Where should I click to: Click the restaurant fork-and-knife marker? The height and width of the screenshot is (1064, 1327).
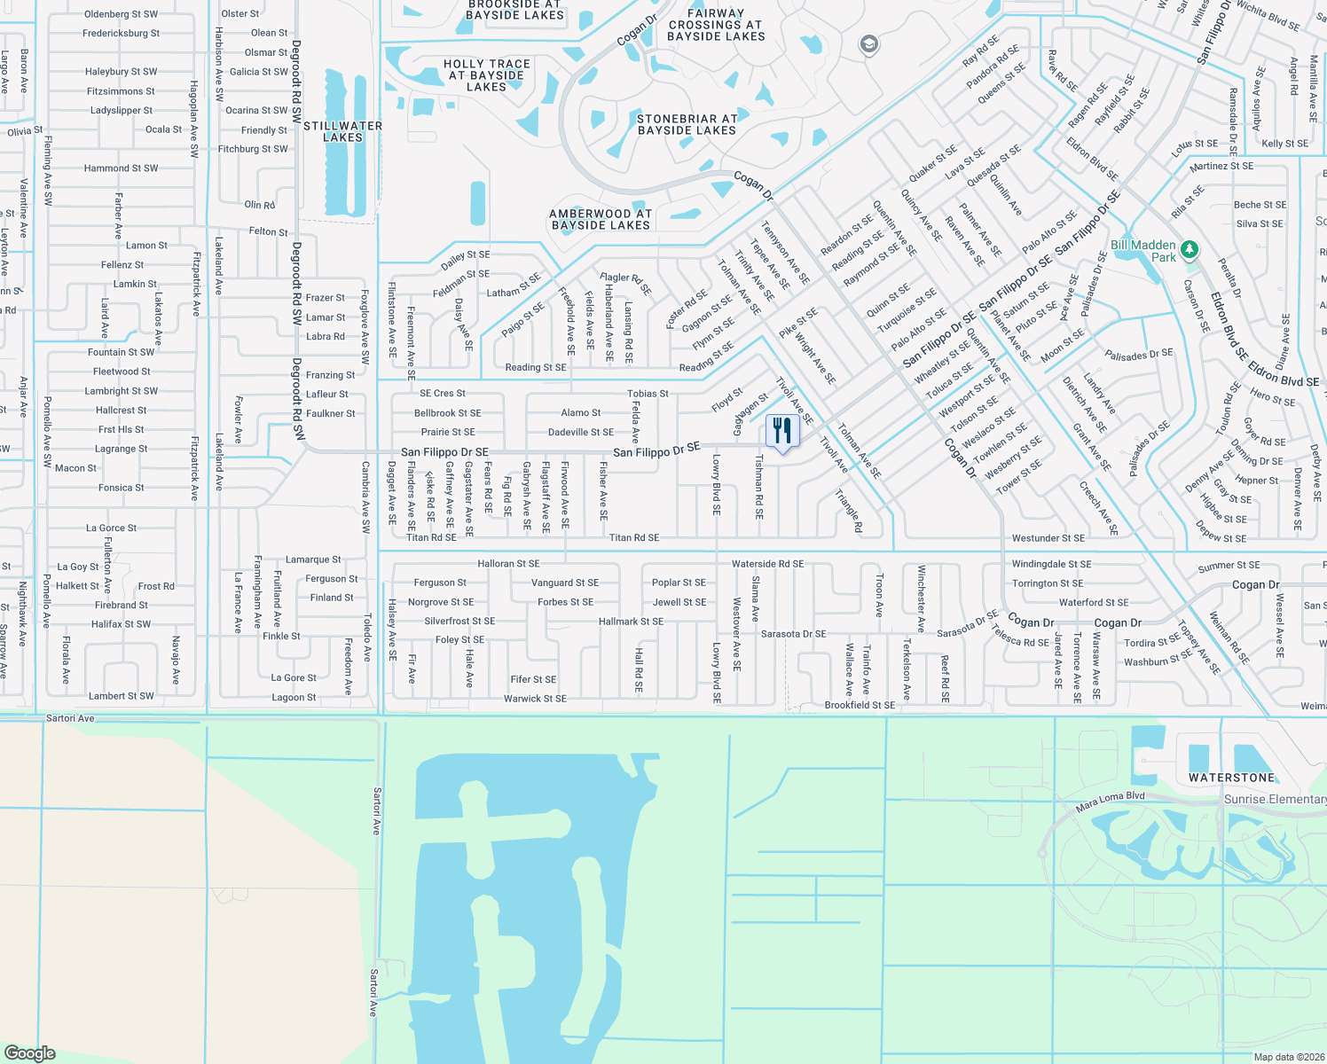[x=782, y=432]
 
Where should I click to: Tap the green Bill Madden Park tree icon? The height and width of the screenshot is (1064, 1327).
[x=1190, y=249]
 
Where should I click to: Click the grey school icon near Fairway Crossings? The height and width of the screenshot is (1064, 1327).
[x=868, y=44]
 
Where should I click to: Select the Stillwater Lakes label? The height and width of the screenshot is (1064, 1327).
[x=342, y=131]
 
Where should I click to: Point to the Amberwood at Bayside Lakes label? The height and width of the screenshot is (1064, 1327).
[x=601, y=219]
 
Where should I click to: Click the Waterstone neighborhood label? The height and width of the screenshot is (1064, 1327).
[x=1231, y=778]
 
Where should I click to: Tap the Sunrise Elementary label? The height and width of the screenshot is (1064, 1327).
[x=1275, y=799]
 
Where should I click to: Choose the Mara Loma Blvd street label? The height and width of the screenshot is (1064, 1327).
[x=1110, y=802]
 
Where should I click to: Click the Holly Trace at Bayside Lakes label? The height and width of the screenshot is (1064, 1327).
[x=487, y=75]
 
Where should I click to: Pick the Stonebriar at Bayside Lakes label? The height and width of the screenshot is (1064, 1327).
[x=687, y=124]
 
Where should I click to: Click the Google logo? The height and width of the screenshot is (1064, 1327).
[x=30, y=1052]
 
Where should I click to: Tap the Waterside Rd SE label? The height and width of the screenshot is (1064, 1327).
[x=767, y=564]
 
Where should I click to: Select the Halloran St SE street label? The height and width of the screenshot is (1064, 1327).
[x=508, y=564]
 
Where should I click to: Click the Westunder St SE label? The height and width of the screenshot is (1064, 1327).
[x=1048, y=538]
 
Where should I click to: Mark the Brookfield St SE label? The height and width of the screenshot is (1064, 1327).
[x=860, y=706]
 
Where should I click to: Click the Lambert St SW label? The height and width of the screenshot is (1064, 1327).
[x=121, y=696]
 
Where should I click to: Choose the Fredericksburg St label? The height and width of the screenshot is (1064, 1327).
[x=121, y=34]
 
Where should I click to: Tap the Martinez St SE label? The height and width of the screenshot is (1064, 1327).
[x=1221, y=166]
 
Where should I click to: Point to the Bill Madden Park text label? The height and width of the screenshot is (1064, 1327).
[x=1143, y=251]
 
